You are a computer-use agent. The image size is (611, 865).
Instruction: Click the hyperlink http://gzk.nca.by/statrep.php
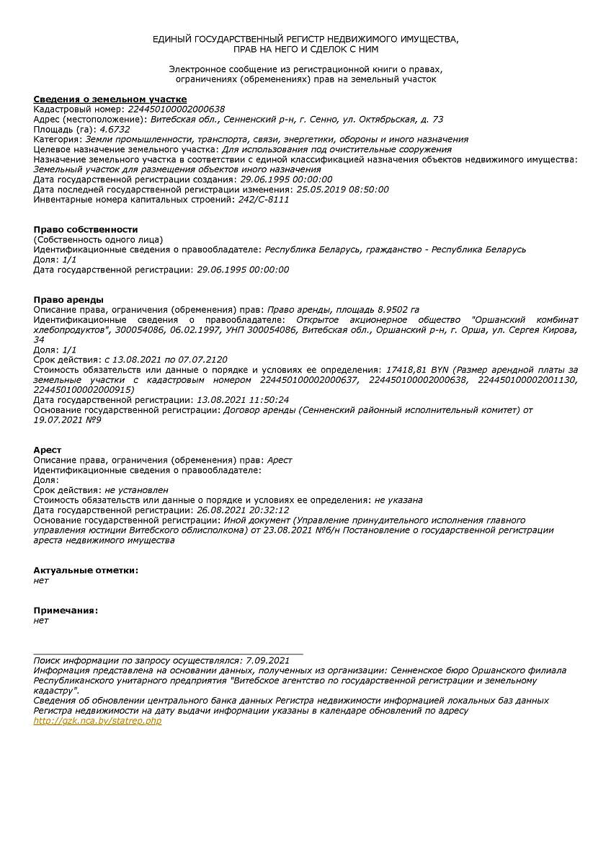[97, 721]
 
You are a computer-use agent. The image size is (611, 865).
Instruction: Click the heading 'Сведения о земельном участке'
[110, 99]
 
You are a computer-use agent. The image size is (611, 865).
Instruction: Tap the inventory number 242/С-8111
[264, 200]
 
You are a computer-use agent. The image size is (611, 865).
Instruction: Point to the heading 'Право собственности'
[86, 229]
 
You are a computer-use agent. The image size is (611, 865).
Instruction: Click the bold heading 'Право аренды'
[68, 299]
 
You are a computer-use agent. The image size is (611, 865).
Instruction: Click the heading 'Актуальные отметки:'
[86, 570]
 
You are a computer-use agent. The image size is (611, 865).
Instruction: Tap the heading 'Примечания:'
[66, 611]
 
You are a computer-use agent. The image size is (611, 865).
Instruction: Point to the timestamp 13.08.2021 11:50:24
[243, 399]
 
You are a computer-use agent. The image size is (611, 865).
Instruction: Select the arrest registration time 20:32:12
[267, 510]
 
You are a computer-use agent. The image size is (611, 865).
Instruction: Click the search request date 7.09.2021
[267, 660]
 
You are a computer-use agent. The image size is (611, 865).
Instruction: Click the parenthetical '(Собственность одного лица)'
[98, 239]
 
